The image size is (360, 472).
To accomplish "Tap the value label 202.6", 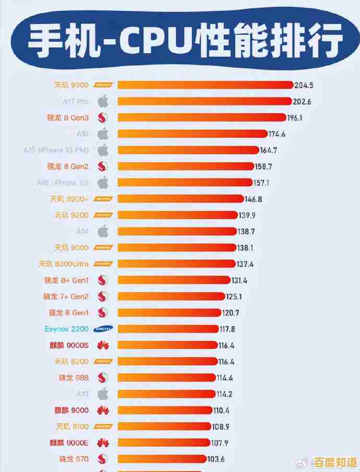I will click(303, 102).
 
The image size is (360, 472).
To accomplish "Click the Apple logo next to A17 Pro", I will click(103, 101).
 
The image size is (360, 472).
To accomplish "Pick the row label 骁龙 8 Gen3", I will click(68, 118).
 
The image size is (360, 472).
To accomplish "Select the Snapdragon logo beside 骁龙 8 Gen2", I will click(103, 166).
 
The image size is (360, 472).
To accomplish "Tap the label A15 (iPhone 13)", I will click(63, 183).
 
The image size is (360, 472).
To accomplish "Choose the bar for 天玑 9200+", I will click(181, 199).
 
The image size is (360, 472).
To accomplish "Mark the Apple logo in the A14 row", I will click(103, 231).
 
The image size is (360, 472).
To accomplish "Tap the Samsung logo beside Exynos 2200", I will click(103, 329).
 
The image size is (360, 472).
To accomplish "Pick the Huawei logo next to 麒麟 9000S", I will click(103, 345).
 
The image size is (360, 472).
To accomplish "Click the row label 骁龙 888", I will click(74, 378).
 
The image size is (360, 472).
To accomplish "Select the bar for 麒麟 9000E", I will click(164, 443).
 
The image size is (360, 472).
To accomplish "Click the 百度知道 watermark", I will click(334, 462).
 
